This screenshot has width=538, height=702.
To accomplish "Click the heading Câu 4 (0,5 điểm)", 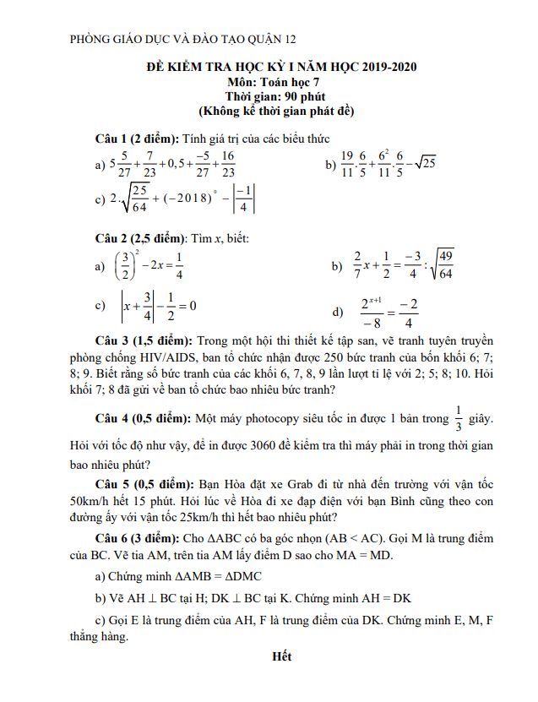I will pos(144,417).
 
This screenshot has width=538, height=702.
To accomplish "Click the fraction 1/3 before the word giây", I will pos(459,417).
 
